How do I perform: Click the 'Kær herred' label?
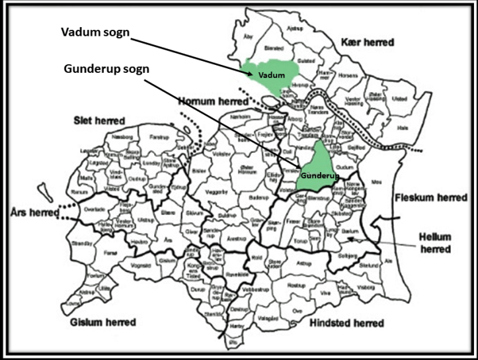click(368, 42)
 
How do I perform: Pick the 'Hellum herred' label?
click(435, 242)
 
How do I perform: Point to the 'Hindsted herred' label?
click(346, 322)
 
